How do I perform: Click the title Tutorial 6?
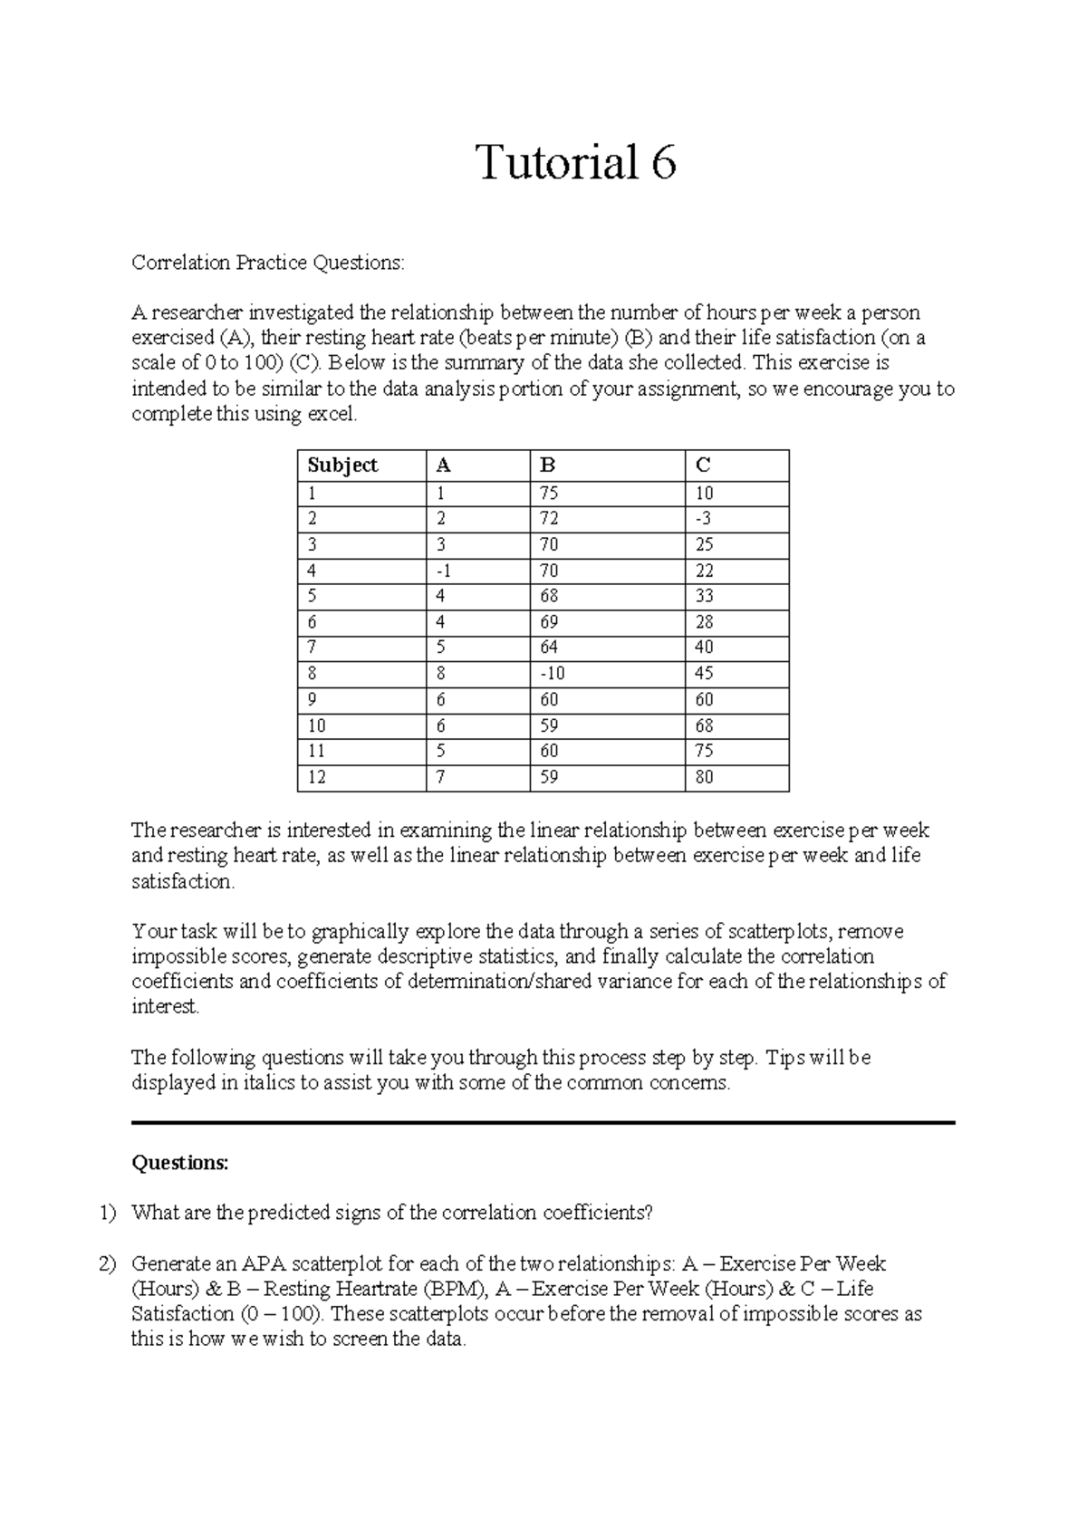[x=576, y=164]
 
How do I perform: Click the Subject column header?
[x=342, y=466]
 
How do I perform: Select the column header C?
[x=703, y=466]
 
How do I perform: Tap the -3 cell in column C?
[x=704, y=519]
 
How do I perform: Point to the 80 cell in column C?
[x=704, y=777]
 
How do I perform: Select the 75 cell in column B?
[x=549, y=494]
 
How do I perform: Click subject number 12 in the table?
[x=317, y=777]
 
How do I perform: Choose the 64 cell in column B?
[x=549, y=648]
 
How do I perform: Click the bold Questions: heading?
[x=180, y=1163]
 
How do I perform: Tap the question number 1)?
[x=109, y=1214]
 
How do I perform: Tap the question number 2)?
[x=109, y=1264]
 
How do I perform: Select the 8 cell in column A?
[x=441, y=674]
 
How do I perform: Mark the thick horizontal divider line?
[x=543, y=1123]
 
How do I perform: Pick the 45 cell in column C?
[x=704, y=674]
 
